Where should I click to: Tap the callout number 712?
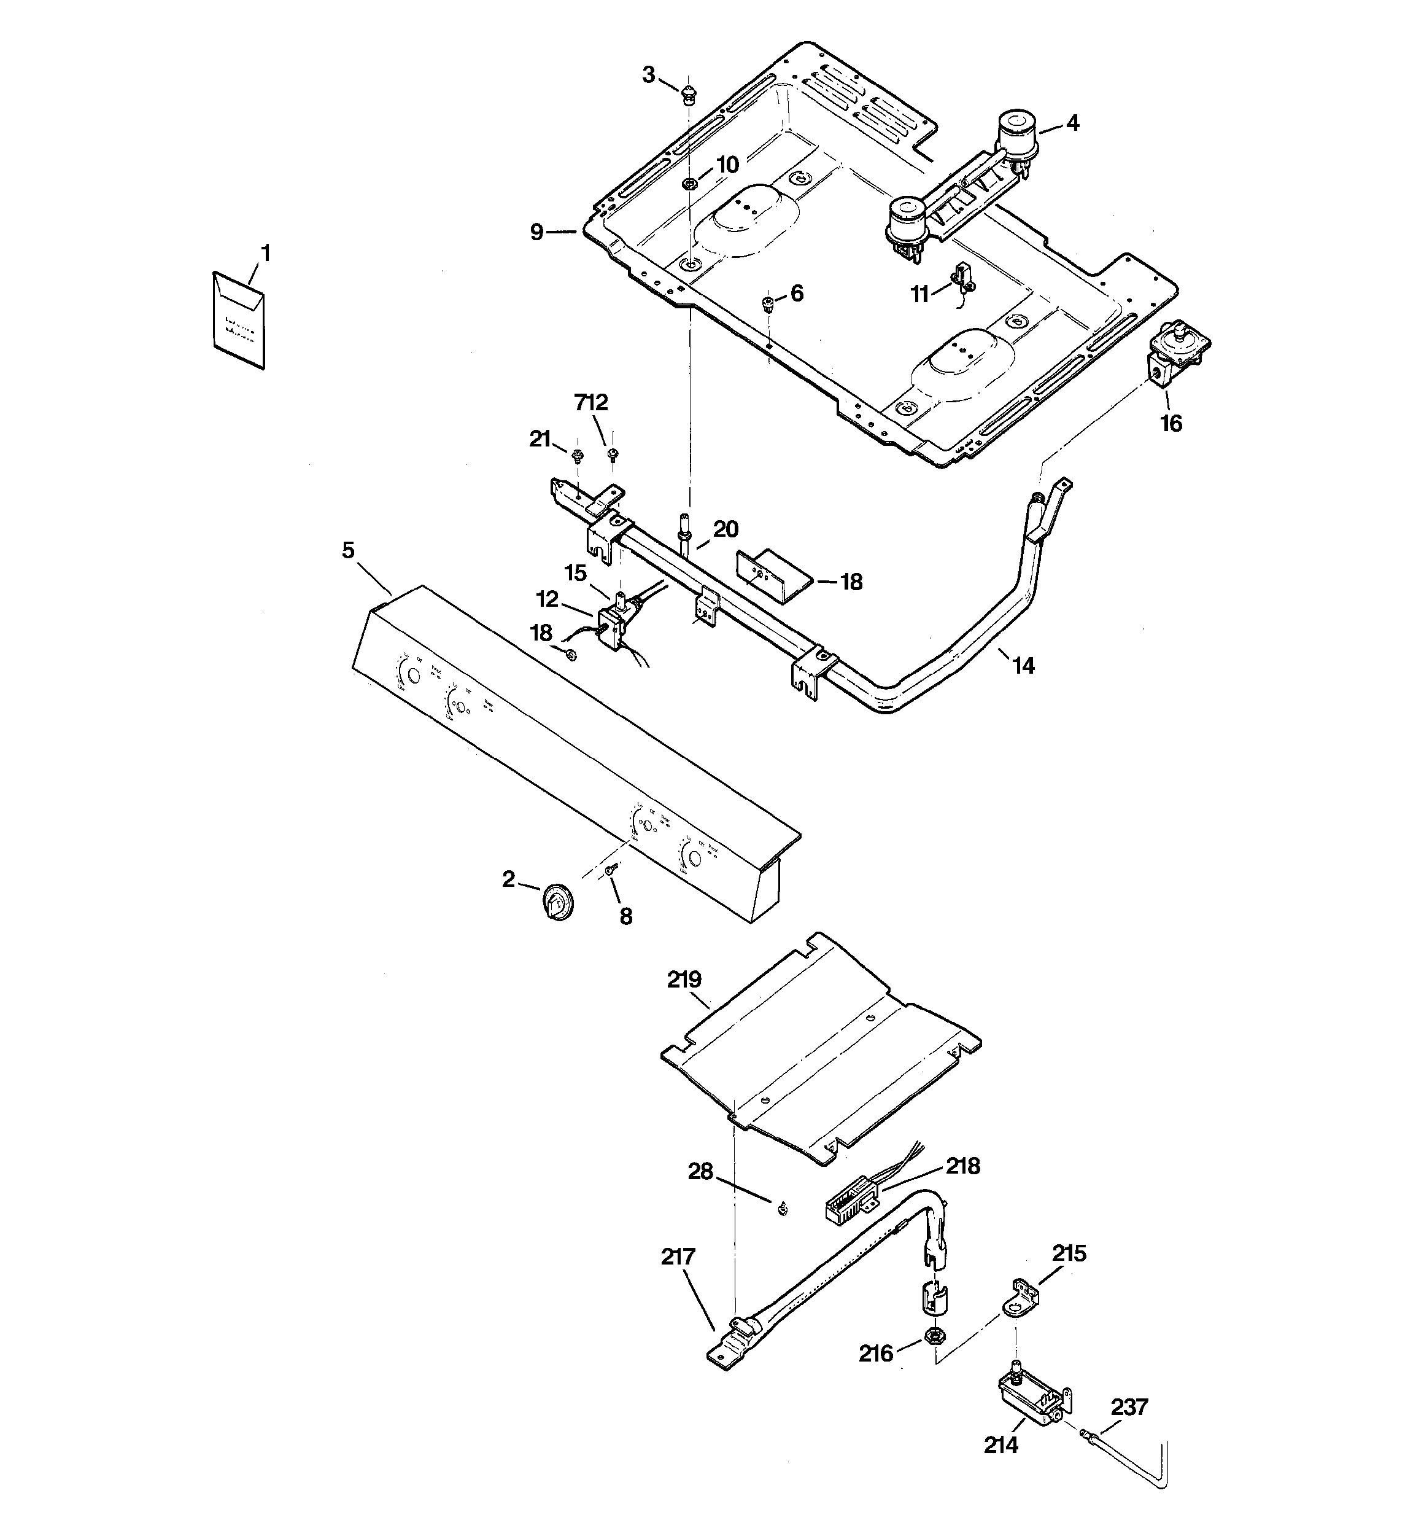click(x=591, y=402)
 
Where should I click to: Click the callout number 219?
click(x=684, y=980)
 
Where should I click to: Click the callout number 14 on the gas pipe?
click(x=1023, y=666)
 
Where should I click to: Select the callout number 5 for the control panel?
click(x=349, y=550)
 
